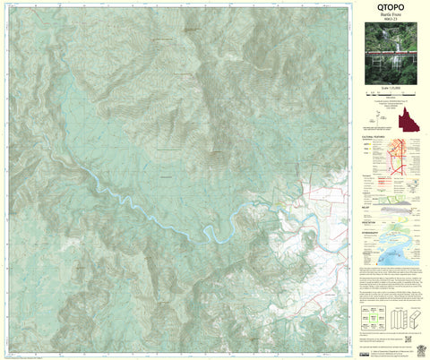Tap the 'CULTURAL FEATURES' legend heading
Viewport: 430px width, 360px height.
click(x=374, y=136)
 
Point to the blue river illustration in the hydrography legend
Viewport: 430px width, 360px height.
click(x=399, y=253)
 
